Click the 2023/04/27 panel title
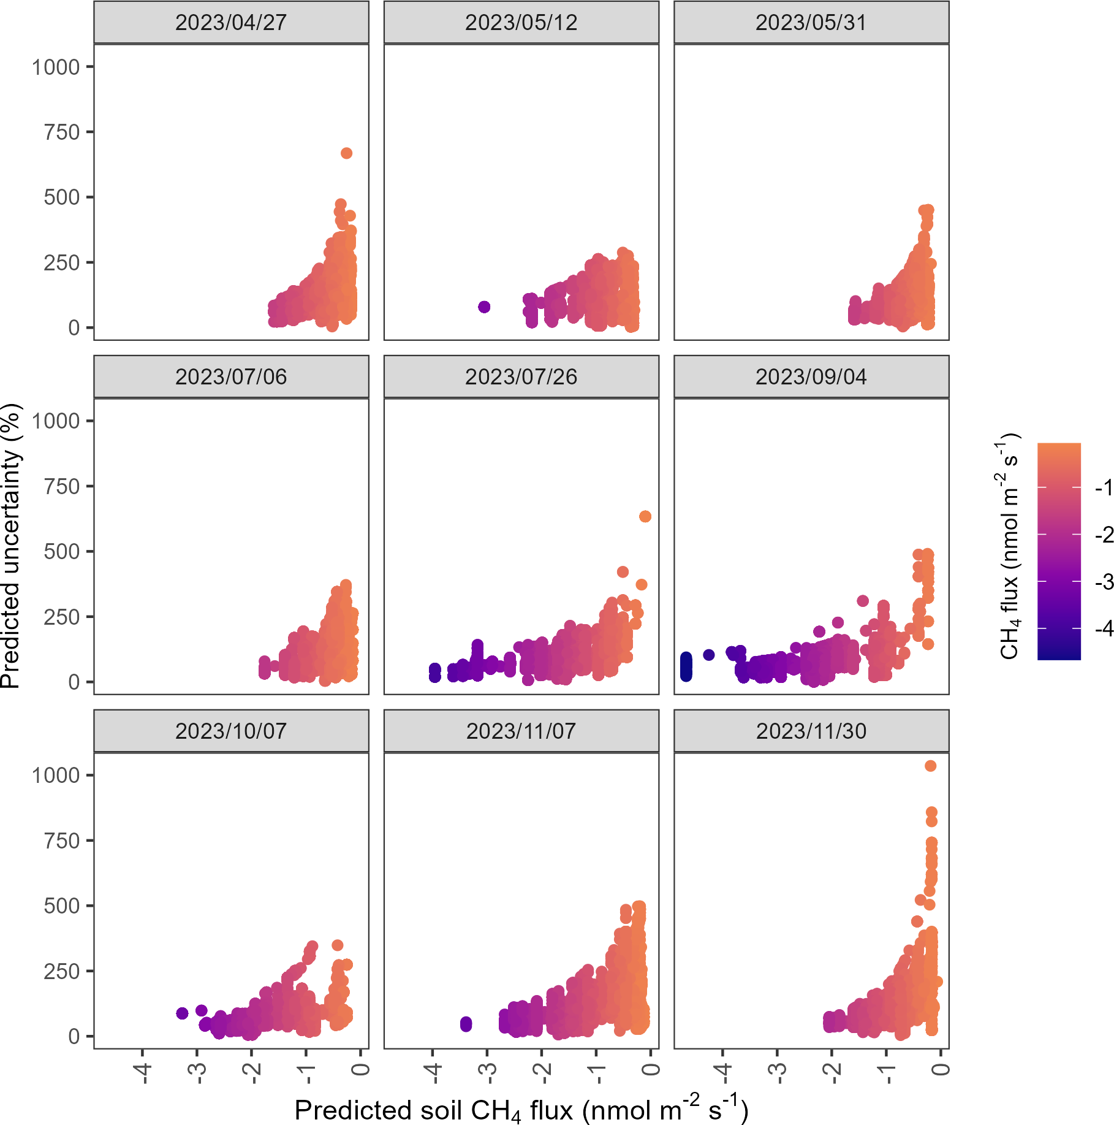point(231,23)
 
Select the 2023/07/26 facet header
point(521,377)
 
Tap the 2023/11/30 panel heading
point(811,731)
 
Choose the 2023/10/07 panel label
point(231,731)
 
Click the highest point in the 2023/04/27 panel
point(346,153)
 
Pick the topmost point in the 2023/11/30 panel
point(930,766)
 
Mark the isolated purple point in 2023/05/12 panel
point(484,307)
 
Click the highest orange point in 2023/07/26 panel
point(645,517)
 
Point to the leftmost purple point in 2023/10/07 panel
point(182,1013)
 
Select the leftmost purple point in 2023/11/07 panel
point(466,1023)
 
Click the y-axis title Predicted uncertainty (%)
point(11,546)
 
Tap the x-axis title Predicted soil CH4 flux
point(521,1110)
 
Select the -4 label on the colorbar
point(1104,628)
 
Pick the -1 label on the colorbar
point(1104,487)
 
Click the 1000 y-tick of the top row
point(56,67)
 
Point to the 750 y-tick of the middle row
point(61,487)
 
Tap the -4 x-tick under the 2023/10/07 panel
point(143,1074)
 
